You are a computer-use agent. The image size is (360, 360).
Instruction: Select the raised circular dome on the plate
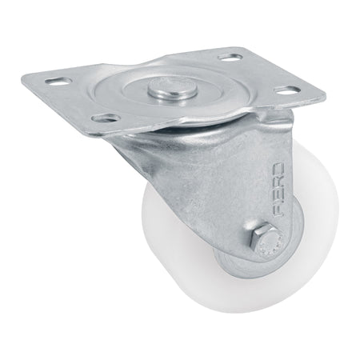coord(184,96)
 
